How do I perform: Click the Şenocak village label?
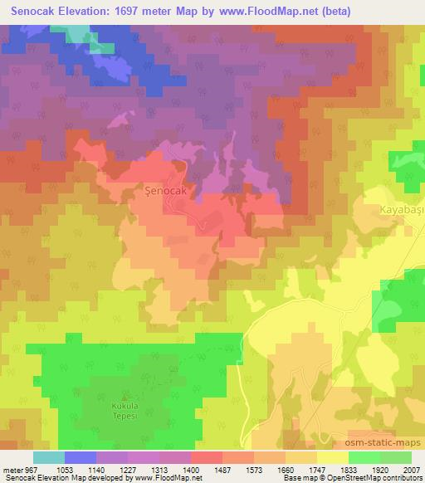[169, 190]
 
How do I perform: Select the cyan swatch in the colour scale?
[49, 457]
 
